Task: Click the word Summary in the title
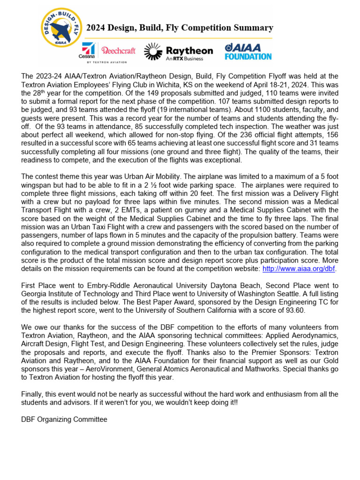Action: [254, 28]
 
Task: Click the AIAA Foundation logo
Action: [248, 52]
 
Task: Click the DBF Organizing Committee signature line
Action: [64, 420]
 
